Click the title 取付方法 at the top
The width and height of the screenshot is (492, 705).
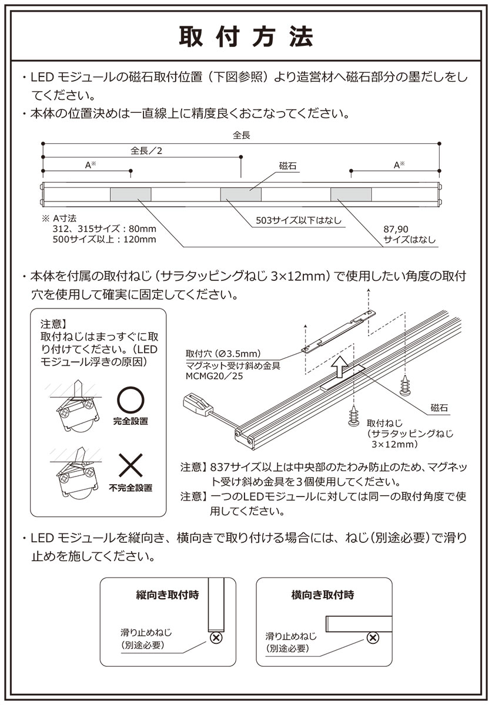tap(246, 36)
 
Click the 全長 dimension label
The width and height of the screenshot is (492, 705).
tap(242, 135)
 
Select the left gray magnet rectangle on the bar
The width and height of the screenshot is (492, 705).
tap(130, 194)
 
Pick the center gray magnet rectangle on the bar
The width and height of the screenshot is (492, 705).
tap(241, 194)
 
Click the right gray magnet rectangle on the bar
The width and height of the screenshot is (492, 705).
tap(351, 194)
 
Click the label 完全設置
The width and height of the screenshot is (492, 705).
tap(130, 421)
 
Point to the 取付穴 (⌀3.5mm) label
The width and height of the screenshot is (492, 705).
tap(222, 354)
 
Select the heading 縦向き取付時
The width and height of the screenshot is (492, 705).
tap(168, 595)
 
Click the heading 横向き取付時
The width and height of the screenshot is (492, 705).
tap(323, 595)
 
